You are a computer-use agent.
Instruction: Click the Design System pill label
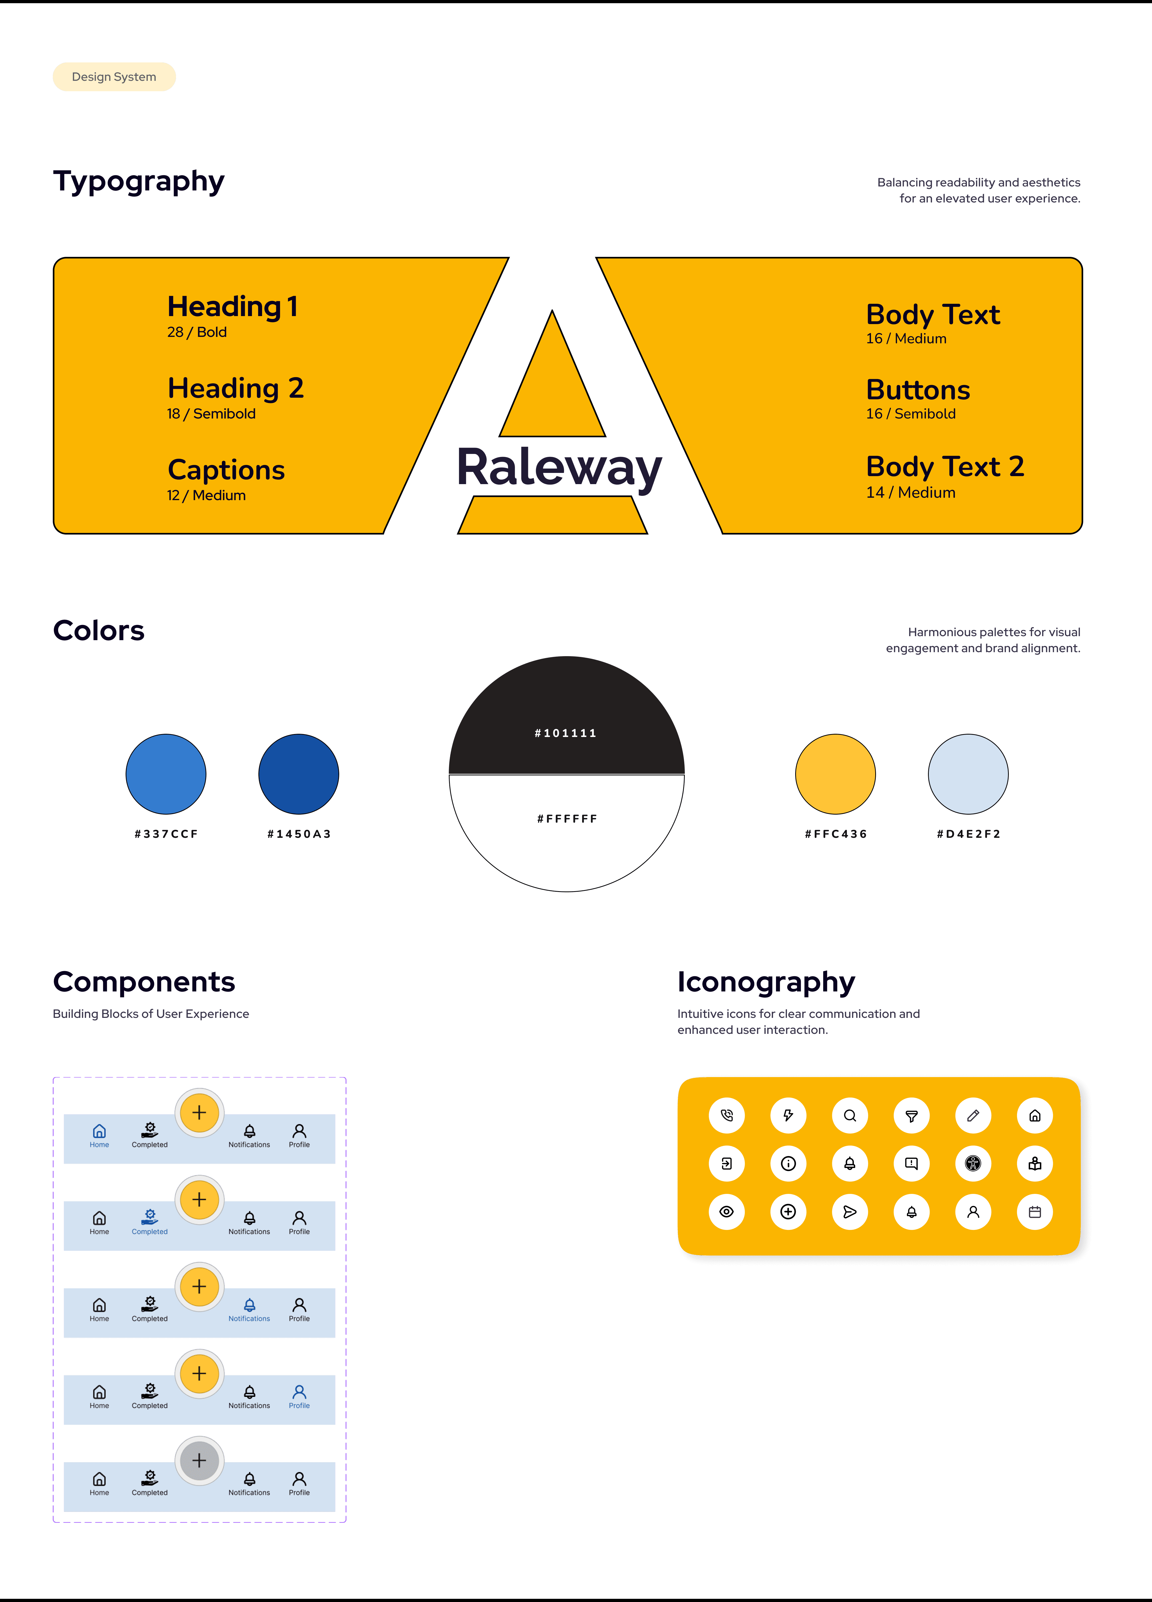(114, 77)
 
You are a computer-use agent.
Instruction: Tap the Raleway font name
(559, 468)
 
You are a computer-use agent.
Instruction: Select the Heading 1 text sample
(232, 306)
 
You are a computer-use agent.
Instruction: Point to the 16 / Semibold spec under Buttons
(910, 414)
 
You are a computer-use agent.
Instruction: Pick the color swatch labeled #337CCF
(166, 774)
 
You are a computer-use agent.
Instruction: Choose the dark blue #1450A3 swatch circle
(299, 774)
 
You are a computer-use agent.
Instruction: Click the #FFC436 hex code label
(835, 834)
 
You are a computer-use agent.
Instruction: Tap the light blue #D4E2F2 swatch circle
(968, 774)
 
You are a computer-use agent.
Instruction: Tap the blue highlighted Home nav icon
(99, 1131)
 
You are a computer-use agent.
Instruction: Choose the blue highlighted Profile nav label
(299, 1406)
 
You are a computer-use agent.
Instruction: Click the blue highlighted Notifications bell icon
(249, 1305)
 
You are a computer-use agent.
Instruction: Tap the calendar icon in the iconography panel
(1035, 1212)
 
